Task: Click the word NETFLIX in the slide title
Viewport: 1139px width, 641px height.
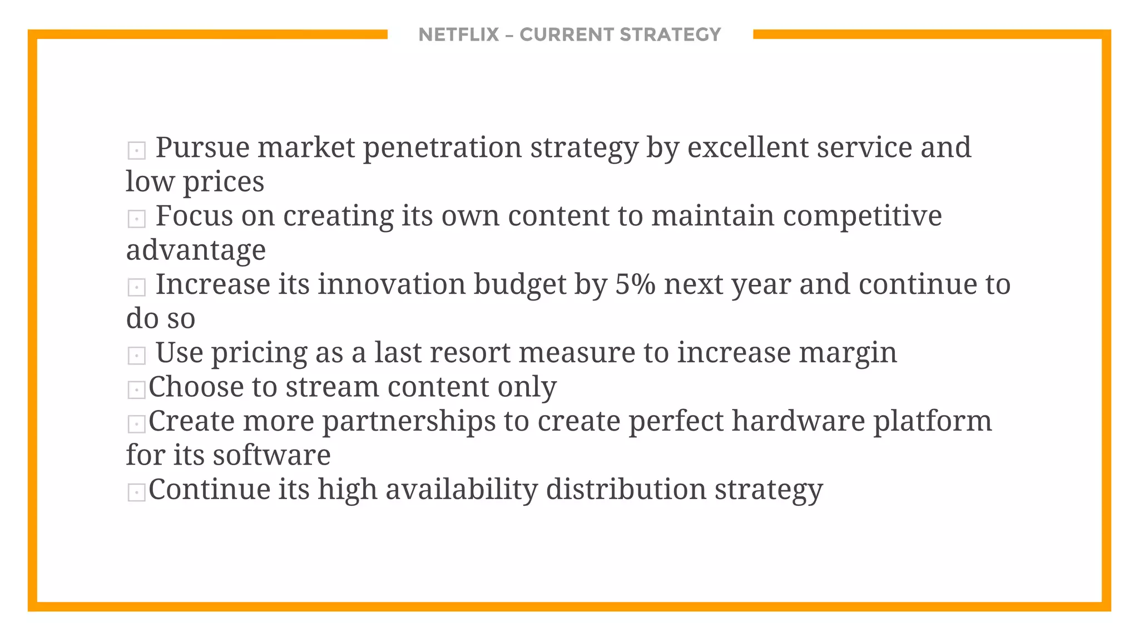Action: (x=458, y=34)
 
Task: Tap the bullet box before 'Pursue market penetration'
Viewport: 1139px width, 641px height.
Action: (x=136, y=150)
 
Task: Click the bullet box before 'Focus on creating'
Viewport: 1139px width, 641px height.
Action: (x=136, y=219)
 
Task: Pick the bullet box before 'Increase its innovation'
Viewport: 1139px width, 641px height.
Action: (x=136, y=287)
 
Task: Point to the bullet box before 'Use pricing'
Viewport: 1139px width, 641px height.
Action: (x=136, y=356)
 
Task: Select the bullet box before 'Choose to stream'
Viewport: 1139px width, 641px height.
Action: (x=136, y=389)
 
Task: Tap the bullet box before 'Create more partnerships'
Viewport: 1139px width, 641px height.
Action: (x=136, y=424)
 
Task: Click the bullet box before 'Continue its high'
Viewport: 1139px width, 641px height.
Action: (x=136, y=492)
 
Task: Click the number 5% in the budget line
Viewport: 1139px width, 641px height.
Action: (x=635, y=284)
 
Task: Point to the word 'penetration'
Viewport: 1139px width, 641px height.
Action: (x=442, y=148)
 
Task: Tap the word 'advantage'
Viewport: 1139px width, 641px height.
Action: (x=196, y=250)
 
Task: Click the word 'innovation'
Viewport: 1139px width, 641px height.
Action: (x=392, y=284)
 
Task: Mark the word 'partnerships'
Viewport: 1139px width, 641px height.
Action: (x=409, y=422)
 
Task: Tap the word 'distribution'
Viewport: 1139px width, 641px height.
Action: (x=626, y=490)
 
